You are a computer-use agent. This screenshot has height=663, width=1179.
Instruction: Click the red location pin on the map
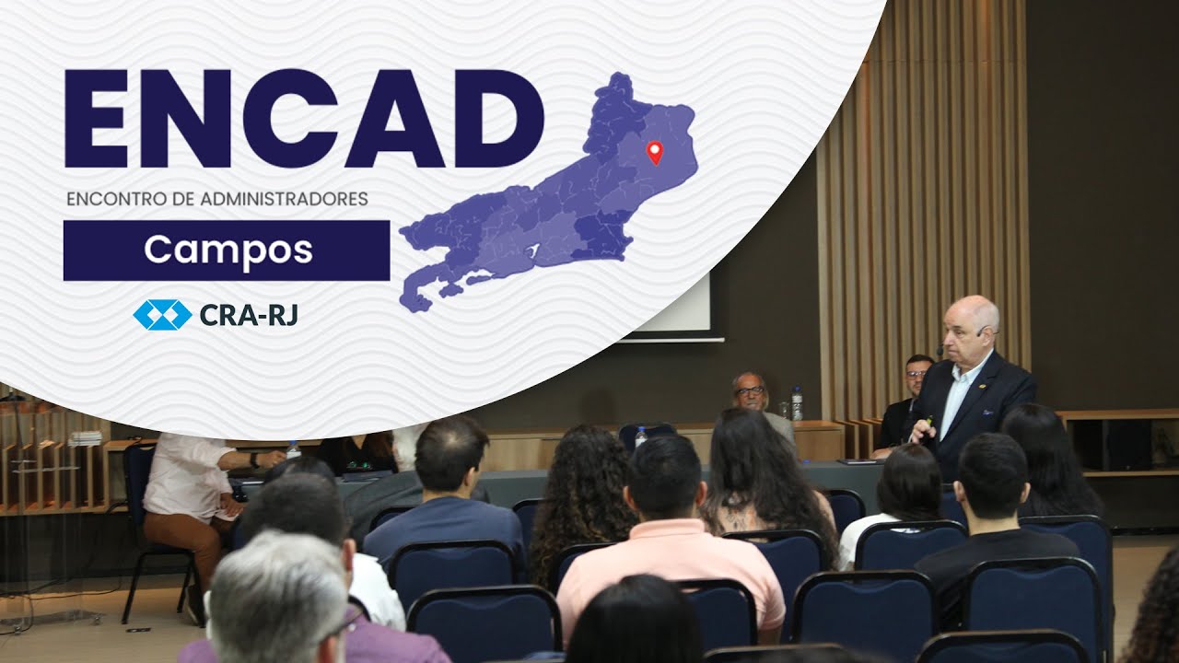pyautogui.click(x=655, y=151)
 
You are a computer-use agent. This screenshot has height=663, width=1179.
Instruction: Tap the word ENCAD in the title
pyautogui.click(x=304, y=119)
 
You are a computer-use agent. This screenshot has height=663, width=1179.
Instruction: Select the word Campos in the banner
pyautogui.click(x=228, y=250)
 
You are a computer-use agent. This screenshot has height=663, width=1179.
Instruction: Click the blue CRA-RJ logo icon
pyautogui.click(x=162, y=315)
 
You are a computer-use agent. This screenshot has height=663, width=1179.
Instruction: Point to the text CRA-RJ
pyautogui.click(x=248, y=316)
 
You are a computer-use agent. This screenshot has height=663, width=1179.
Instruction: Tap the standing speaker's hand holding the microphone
pyautogui.click(x=922, y=428)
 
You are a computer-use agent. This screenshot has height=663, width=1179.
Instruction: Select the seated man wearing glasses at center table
pyautogui.click(x=750, y=393)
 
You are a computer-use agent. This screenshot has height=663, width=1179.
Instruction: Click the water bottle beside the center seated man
pyautogui.click(x=797, y=404)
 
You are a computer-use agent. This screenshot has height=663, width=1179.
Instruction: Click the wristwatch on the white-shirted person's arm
pyautogui.click(x=254, y=459)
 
